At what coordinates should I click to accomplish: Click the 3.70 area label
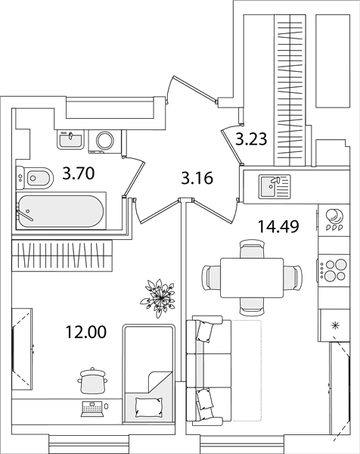pos(79,174)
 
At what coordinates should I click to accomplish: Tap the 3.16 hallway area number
pos(197,178)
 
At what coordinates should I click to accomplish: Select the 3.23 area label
pos(251,138)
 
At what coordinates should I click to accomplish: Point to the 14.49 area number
pos(278,226)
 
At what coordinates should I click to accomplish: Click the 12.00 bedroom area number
pos(86,332)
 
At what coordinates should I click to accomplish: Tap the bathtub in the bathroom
pos(61,211)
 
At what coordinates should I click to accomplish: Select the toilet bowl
pos(35,178)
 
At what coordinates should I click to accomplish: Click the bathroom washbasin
pos(71,139)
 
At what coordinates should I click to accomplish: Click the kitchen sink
pos(275,186)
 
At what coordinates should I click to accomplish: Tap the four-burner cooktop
pos(334,270)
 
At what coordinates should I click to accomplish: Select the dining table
pos(252,278)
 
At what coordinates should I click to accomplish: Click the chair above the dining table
pos(252,249)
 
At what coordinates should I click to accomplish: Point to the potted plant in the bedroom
pos(158,297)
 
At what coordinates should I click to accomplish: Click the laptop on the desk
pos(92,409)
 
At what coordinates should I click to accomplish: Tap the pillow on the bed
pos(149,407)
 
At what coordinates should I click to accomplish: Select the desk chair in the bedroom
pos(92,381)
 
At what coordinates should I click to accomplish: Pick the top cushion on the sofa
pos(205,332)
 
